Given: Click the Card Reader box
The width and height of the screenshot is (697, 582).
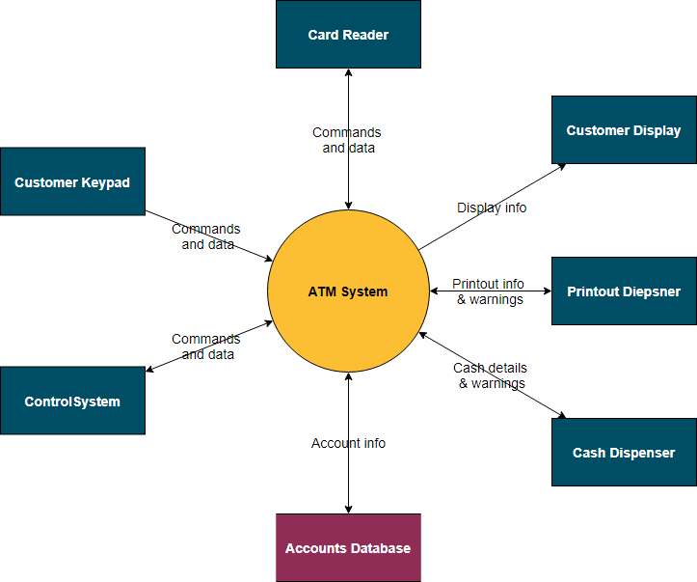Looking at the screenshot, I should (x=348, y=35).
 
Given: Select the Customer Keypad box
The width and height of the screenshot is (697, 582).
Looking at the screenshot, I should (x=72, y=181).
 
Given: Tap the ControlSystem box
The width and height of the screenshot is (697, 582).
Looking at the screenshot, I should (x=72, y=401).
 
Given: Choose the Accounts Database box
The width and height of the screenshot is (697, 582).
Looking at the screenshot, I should (x=348, y=547).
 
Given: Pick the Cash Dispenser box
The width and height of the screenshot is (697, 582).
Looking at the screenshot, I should (x=624, y=452).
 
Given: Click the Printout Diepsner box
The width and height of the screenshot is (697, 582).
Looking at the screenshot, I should (x=624, y=291).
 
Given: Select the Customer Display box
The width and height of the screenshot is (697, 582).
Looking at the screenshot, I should (x=624, y=130).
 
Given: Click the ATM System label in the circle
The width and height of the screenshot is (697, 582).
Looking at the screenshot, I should (x=348, y=291).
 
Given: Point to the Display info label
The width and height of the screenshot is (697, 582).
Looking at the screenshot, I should (x=492, y=208).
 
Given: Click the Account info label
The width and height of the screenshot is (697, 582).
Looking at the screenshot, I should (x=348, y=443).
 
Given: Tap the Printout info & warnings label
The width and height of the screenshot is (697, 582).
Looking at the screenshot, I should (x=490, y=291).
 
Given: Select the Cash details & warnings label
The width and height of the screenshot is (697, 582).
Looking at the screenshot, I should (x=491, y=375).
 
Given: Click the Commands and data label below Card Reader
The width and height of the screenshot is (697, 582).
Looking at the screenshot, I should (x=347, y=140).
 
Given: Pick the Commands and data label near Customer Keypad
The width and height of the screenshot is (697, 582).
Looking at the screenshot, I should (x=206, y=236).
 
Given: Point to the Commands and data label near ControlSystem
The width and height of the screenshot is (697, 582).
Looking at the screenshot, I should (x=206, y=346).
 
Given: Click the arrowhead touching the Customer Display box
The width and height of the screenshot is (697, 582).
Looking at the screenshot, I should (x=561, y=167).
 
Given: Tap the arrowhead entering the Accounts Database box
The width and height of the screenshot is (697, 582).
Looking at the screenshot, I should (x=348, y=508).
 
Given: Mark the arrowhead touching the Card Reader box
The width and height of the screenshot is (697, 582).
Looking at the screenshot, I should (x=348, y=74).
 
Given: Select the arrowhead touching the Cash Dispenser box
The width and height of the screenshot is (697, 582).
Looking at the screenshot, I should (x=560, y=415).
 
